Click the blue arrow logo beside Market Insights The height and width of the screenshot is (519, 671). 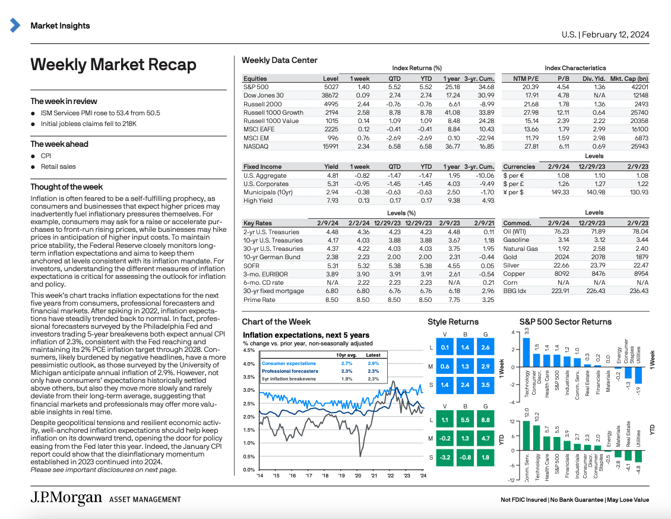(16, 26)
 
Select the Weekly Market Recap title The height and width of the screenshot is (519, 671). (113, 64)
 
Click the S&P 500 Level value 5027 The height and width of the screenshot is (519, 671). (330, 87)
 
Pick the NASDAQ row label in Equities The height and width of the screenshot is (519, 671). (256, 146)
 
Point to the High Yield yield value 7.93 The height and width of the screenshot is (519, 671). (332, 200)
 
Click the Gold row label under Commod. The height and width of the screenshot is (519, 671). (510, 257)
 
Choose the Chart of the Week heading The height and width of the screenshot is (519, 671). (276, 322)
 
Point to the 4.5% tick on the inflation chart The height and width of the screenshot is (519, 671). (249, 350)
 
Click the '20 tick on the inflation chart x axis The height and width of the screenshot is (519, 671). (357, 476)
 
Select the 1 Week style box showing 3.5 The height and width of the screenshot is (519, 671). (485, 385)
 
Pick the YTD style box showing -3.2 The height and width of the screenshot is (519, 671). (445, 457)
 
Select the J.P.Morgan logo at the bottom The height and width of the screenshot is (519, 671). (66, 499)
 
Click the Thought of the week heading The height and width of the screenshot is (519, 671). (67, 187)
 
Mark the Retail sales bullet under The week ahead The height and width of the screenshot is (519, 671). (58, 166)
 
